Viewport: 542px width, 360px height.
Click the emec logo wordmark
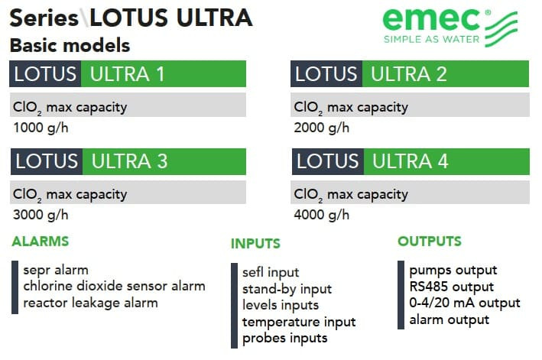[x=431, y=21]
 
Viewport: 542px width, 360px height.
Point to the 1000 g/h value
[x=40, y=128]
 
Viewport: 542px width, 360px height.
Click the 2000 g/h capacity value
[x=322, y=128]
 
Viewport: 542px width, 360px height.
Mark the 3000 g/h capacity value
[x=40, y=215]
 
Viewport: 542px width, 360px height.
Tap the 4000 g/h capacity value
[x=322, y=215]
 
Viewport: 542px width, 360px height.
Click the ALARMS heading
[x=40, y=242]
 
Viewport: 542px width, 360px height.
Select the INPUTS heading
[x=255, y=245]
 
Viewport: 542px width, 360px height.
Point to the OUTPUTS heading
[x=430, y=242]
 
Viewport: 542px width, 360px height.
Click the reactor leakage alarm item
[x=90, y=303]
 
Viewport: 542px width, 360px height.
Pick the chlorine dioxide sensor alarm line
[x=114, y=287]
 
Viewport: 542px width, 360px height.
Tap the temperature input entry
[x=299, y=322]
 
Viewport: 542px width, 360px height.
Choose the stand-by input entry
[x=287, y=289]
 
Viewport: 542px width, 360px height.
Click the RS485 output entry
[x=451, y=287]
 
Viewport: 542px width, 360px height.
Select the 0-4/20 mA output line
[x=465, y=303]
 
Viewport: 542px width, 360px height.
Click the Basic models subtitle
[x=70, y=45]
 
